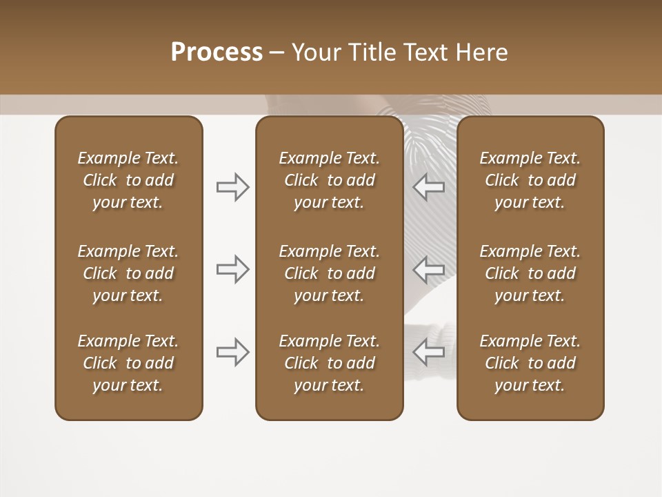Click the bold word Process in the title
click(217, 52)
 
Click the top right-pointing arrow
click(232, 187)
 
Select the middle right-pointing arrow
click(232, 269)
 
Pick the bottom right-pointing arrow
click(232, 352)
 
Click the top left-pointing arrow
click(428, 187)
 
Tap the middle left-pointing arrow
click(428, 269)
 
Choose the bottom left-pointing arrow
click(428, 352)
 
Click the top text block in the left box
click(128, 180)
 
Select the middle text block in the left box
click(128, 273)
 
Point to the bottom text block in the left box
click(128, 363)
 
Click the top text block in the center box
click(329, 180)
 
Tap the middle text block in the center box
click(329, 273)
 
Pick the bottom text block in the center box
click(329, 363)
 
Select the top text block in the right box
click(530, 180)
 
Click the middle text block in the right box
click(530, 273)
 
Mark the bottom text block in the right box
click(530, 363)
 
